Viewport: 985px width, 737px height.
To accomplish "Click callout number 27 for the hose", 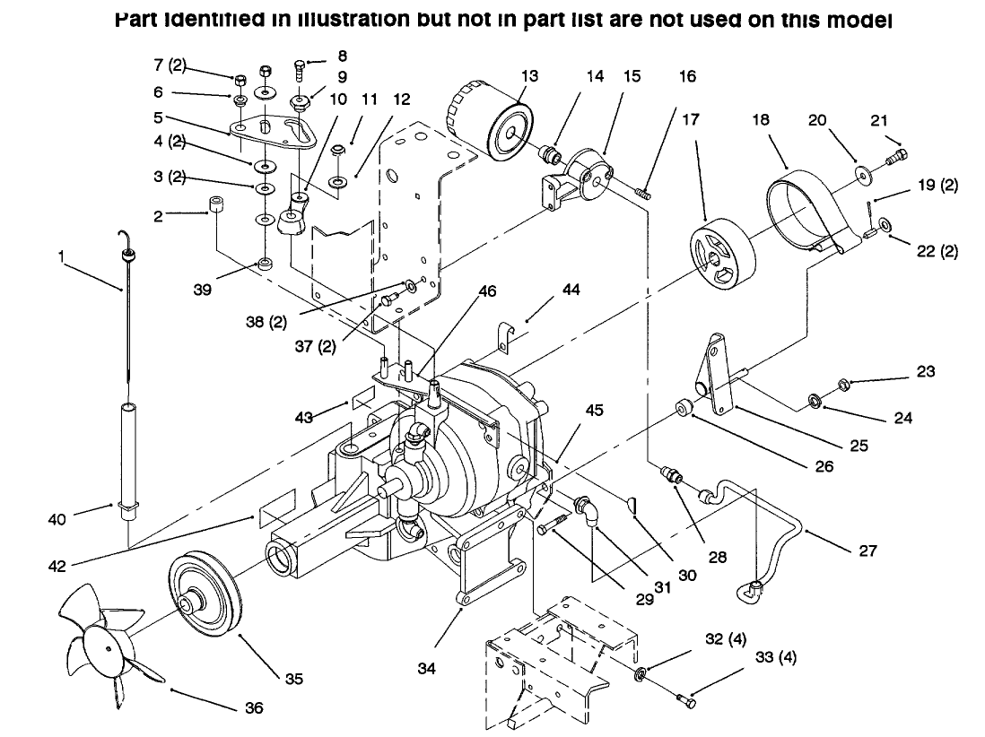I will click(x=867, y=550).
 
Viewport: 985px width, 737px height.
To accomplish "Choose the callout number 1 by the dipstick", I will click(x=61, y=256).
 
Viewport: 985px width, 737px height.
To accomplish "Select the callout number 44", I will click(x=571, y=290).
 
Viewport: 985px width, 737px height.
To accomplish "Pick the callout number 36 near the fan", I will click(x=255, y=707).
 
